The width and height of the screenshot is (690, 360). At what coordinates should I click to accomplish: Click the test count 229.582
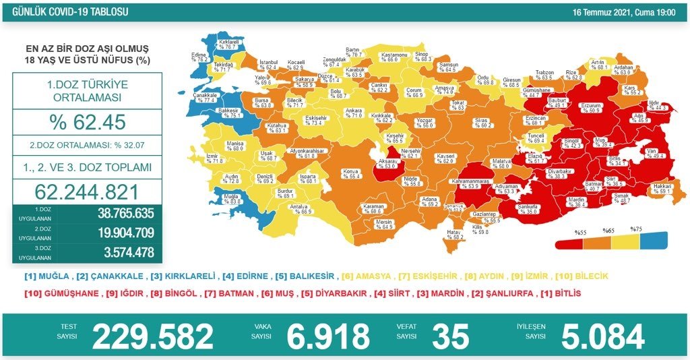(x=152, y=336)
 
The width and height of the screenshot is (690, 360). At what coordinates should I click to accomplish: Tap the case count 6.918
(x=328, y=336)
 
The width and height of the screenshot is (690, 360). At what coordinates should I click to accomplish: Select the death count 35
(x=450, y=336)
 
